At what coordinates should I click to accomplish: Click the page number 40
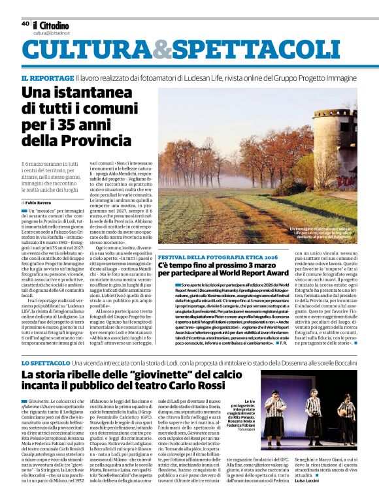point(25,23)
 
